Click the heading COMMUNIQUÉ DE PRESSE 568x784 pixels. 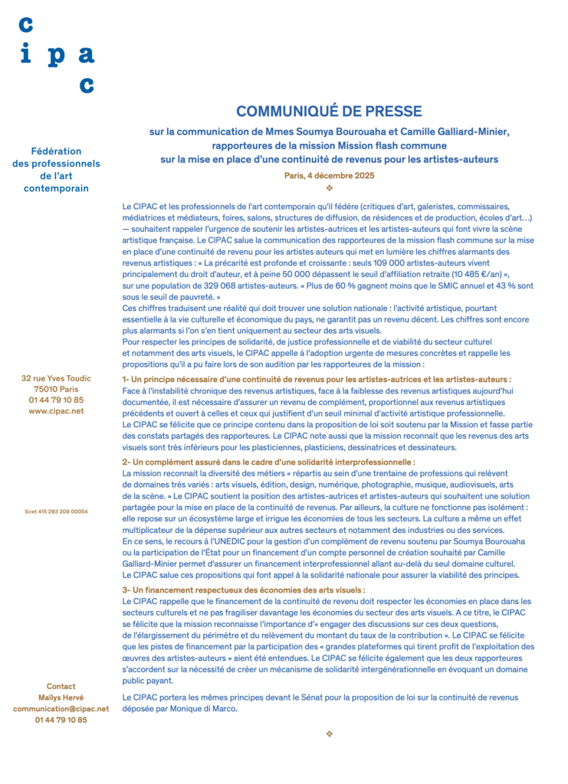(x=329, y=112)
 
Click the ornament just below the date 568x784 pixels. (x=329, y=188)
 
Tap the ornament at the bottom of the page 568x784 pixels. (x=329, y=734)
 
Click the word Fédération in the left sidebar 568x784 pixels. (x=56, y=151)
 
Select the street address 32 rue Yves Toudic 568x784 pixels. (x=56, y=378)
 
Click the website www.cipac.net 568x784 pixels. (x=56, y=410)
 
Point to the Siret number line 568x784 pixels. (x=56, y=511)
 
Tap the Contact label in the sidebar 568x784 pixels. (x=61, y=686)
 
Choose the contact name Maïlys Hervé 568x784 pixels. (x=61, y=697)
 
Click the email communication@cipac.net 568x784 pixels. (x=61, y=708)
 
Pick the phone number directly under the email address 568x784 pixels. (x=61, y=720)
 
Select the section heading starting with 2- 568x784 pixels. (x=268, y=462)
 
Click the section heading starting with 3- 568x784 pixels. (x=243, y=590)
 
